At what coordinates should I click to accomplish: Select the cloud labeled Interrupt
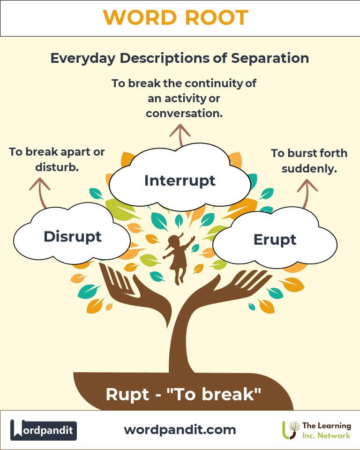click(180, 180)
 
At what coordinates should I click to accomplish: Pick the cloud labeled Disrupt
click(72, 236)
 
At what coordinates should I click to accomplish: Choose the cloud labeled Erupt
click(275, 240)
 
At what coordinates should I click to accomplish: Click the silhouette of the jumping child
click(178, 258)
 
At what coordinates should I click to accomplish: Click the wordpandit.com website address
click(180, 429)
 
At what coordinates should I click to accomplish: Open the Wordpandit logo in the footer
click(44, 430)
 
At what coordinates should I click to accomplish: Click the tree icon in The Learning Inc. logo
click(292, 430)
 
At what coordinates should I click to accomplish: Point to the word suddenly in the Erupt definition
click(309, 169)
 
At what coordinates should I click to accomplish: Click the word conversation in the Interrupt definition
click(184, 113)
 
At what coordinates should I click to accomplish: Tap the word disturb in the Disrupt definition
click(57, 167)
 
